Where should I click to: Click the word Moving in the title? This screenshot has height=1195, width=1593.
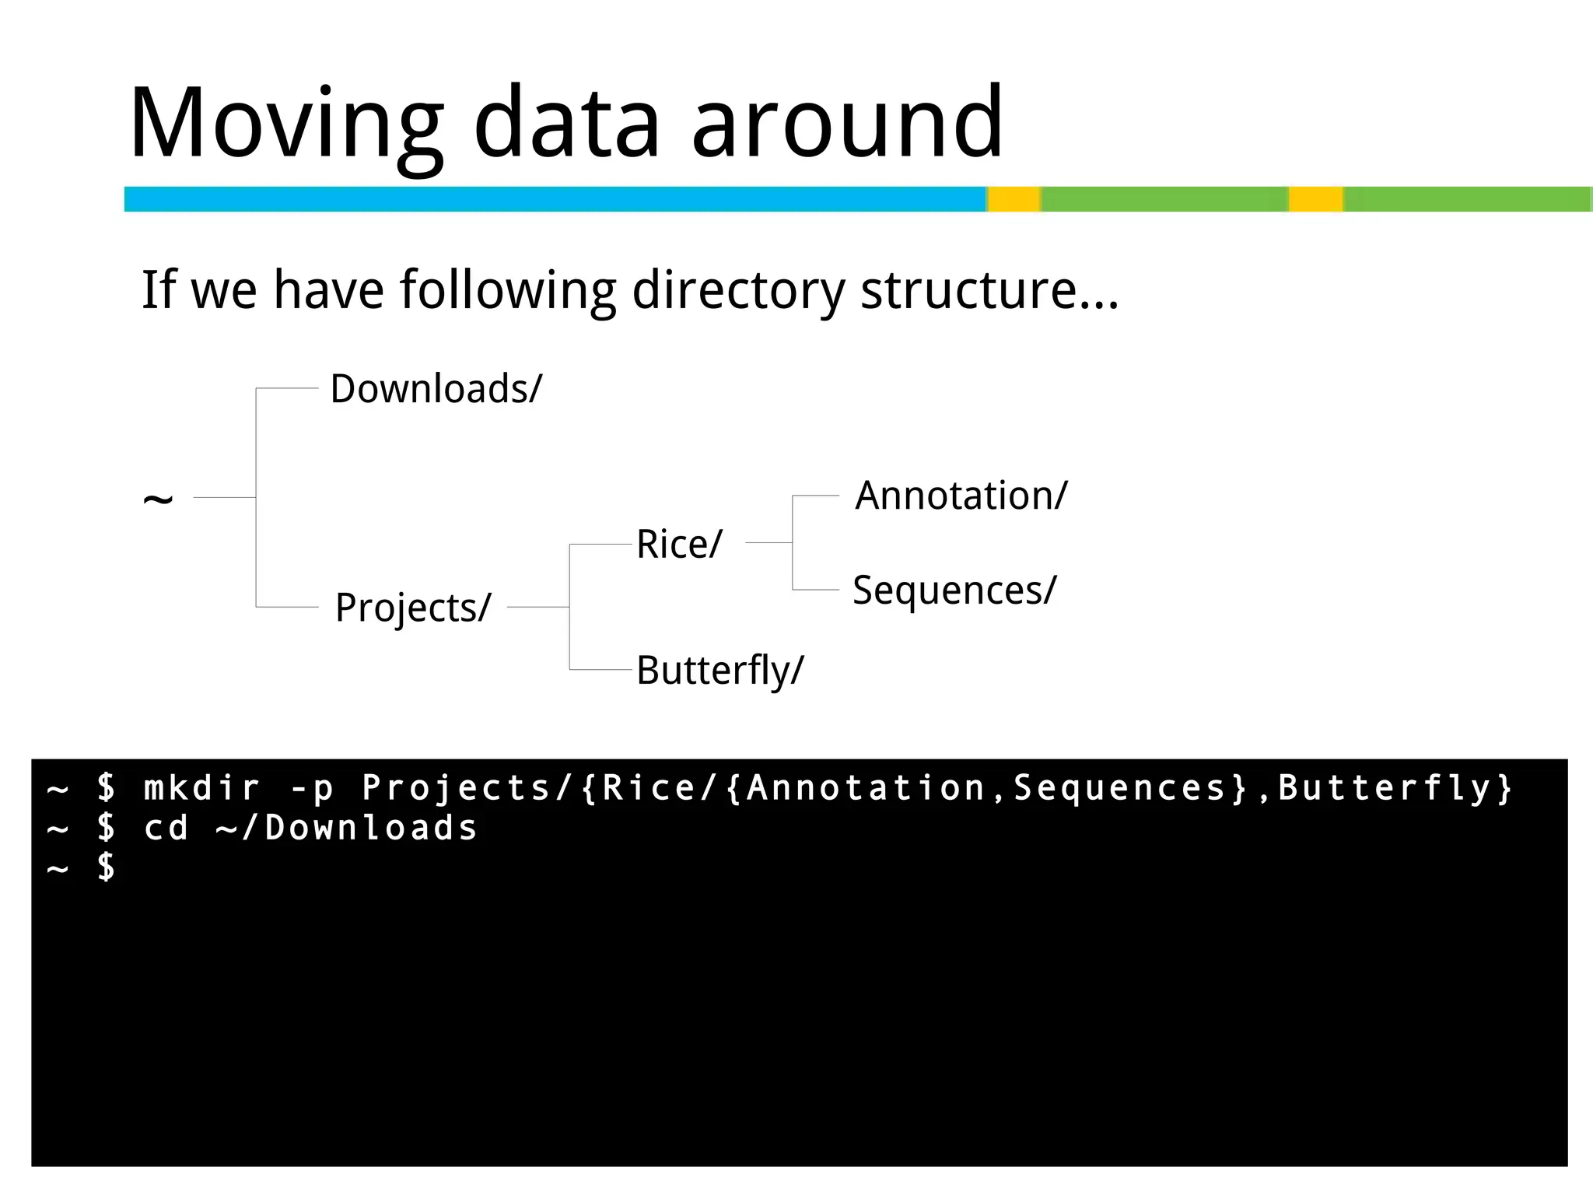click(285, 124)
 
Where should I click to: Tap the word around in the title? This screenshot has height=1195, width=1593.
click(847, 124)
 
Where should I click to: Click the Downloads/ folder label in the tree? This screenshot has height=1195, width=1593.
click(436, 388)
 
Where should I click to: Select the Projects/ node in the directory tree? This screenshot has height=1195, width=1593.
click(413, 607)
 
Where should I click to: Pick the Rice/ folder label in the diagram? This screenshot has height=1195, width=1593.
click(679, 544)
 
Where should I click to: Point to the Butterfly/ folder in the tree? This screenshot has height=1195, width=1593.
click(719, 670)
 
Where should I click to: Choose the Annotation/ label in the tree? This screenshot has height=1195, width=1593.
click(961, 496)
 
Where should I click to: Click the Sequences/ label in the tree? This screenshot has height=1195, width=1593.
click(954, 590)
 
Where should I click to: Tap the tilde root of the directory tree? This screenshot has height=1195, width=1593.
click(158, 499)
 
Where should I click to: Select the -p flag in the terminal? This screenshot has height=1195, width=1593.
click(311, 788)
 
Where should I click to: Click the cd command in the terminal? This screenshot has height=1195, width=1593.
click(166, 828)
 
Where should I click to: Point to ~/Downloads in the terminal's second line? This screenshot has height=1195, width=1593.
click(346, 828)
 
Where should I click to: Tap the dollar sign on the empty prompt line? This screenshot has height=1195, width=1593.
click(107, 867)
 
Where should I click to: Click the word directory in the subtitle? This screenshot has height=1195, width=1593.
click(737, 290)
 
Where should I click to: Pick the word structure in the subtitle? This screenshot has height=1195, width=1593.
click(968, 290)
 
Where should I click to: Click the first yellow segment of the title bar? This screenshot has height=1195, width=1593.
click(1014, 199)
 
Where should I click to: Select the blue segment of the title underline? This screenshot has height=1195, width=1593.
click(555, 199)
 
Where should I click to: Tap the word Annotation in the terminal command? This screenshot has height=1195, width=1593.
click(866, 788)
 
